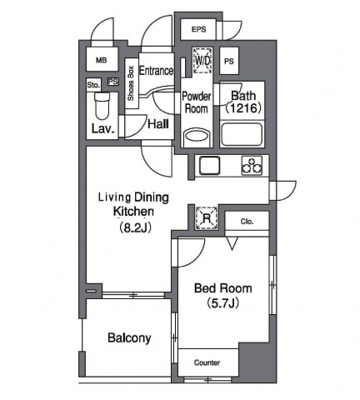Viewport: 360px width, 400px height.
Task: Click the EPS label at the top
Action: tap(198, 29)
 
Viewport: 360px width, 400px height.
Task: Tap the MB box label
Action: tap(102, 60)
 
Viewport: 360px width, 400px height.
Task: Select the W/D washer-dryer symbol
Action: tap(203, 60)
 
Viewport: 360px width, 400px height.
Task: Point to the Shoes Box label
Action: tap(131, 83)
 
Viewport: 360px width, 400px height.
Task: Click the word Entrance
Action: tap(157, 71)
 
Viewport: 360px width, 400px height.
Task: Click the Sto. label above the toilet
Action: tap(93, 85)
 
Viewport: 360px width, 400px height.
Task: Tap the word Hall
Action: tap(158, 124)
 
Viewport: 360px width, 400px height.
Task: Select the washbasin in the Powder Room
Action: tap(197, 137)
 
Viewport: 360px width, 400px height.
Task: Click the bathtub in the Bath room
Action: tap(242, 133)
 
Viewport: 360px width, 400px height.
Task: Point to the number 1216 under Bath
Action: tap(244, 107)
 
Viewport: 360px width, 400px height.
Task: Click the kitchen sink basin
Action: tap(209, 166)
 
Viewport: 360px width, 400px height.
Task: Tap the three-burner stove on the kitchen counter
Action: tap(252, 166)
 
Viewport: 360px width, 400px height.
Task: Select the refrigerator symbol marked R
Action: tap(207, 218)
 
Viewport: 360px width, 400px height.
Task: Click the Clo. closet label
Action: tap(247, 222)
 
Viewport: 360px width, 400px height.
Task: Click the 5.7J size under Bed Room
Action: tap(223, 303)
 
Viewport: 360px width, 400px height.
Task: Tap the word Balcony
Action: tap(129, 338)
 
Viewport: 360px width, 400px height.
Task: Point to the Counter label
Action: tap(207, 362)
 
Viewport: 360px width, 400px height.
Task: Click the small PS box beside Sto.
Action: tap(113, 82)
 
